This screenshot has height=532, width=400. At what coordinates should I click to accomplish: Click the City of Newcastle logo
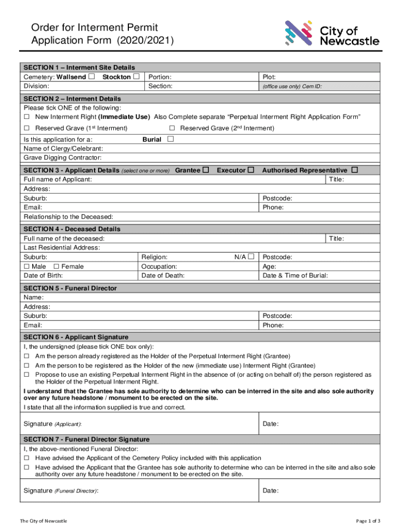pyautogui.click(x=331, y=34)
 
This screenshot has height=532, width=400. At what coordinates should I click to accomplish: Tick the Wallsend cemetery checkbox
pyautogui.click(x=91, y=77)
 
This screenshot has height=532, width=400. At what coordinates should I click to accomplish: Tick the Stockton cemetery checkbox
pyautogui.click(x=136, y=77)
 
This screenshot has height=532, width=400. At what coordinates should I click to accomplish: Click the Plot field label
pyautogui.click(x=269, y=77)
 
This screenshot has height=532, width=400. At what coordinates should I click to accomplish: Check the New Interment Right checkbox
pyautogui.click(x=27, y=117)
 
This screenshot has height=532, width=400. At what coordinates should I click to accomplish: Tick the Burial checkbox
pyautogui.click(x=170, y=139)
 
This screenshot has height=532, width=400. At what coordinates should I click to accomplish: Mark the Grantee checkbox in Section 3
pyautogui.click(x=206, y=170)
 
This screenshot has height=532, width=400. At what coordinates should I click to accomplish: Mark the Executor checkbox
pyautogui.click(x=251, y=170)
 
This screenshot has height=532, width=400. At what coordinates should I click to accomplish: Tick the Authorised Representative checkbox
pyautogui.click(x=355, y=170)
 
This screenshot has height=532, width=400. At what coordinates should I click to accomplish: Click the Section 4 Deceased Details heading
pyautogui.click(x=72, y=229)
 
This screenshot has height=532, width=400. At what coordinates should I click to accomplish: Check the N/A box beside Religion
pyautogui.click(x=251, y=257)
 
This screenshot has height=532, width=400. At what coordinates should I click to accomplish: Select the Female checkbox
pyautogui.click(x=57, y=267)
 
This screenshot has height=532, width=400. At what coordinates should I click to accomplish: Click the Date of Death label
pyautogui.click(x=163, y=276)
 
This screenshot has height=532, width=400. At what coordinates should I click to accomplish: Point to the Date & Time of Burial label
pyautogui.click(x=295, y=276)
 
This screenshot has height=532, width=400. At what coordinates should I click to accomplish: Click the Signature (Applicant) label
pyautogui.click(x=52, y=424)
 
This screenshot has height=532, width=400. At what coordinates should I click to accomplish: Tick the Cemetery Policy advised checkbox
pyautogui.click(x=27, y=458)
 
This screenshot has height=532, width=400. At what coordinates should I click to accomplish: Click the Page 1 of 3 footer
pyautogui.click(x=368, y=521)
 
